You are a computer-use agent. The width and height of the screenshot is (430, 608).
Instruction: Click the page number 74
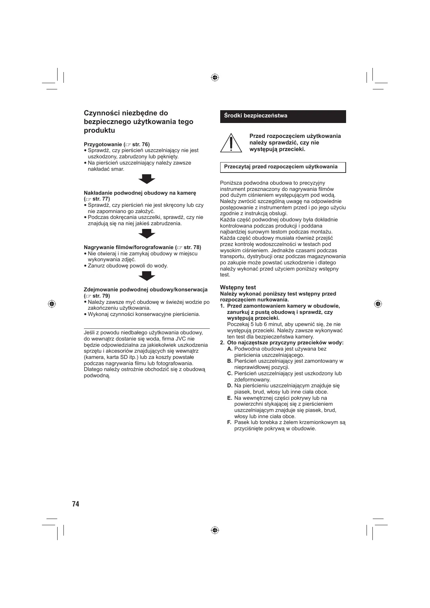click(x=76, y=504)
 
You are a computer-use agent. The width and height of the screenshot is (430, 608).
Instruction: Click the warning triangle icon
click(x=231, y=143)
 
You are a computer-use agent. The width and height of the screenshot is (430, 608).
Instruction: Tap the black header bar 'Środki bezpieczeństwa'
click(x=283, y=116)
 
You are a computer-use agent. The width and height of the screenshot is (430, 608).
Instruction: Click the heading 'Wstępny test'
click(x=238, y=287)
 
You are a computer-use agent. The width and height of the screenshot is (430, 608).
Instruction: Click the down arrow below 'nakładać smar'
click(x=147, y=179)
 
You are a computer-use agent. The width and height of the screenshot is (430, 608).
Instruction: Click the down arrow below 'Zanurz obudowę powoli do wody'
click(x=147, y=276)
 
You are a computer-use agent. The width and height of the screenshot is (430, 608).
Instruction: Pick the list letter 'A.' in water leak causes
click(x=230, y=349)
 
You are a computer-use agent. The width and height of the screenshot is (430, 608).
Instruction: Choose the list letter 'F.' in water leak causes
click(x=230, y=422)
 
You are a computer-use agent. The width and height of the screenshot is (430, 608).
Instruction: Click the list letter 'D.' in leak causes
click(x=230, y=386)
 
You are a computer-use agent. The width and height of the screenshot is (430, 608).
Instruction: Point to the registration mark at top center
click(x=215, y=77)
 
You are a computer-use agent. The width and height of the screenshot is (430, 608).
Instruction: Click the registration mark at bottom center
click(x=215, y=530)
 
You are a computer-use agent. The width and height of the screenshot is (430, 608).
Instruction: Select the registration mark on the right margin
click(x=378, y=304)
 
